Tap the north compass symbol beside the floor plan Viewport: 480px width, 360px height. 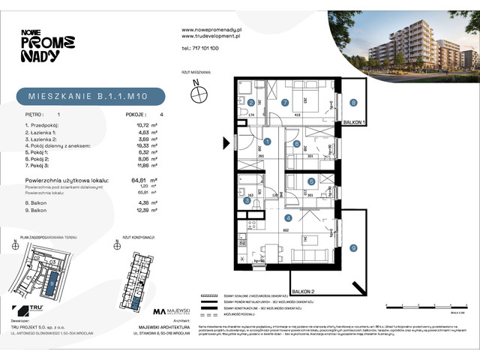(x=199, y=94)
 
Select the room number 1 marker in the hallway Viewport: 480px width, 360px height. (x=267, y=140)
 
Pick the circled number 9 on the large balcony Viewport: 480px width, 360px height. (x=352, y=249)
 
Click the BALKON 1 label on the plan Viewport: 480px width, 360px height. (x=355, y=121)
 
